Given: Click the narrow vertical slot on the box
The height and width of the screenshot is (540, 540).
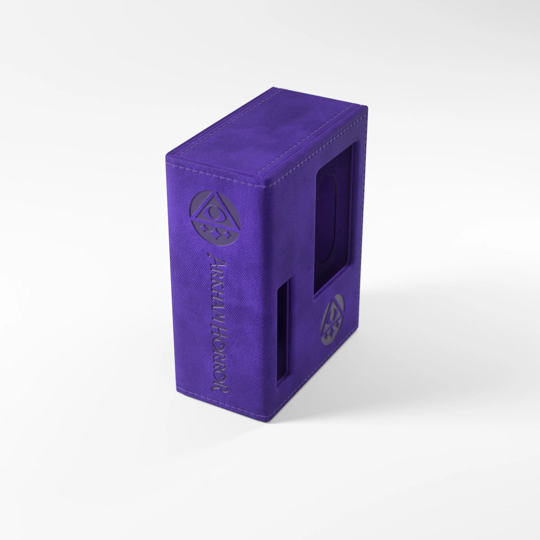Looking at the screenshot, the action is (x=283, y=332).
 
